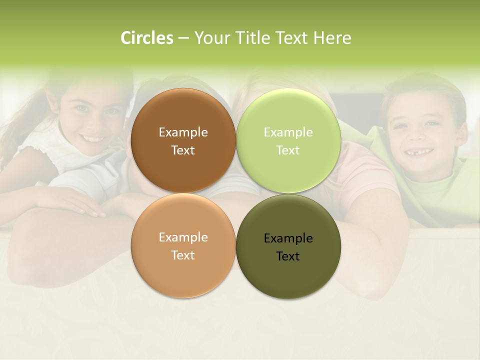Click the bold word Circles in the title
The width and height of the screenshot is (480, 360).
[x=147, y=38]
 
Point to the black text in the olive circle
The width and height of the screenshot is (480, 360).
[x=288, y=247]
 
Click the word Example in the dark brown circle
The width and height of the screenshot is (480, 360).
[x=183, y=132]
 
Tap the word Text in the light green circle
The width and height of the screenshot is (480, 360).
[x=288, y=150]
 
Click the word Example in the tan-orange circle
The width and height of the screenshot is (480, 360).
[x=183, y=237]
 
